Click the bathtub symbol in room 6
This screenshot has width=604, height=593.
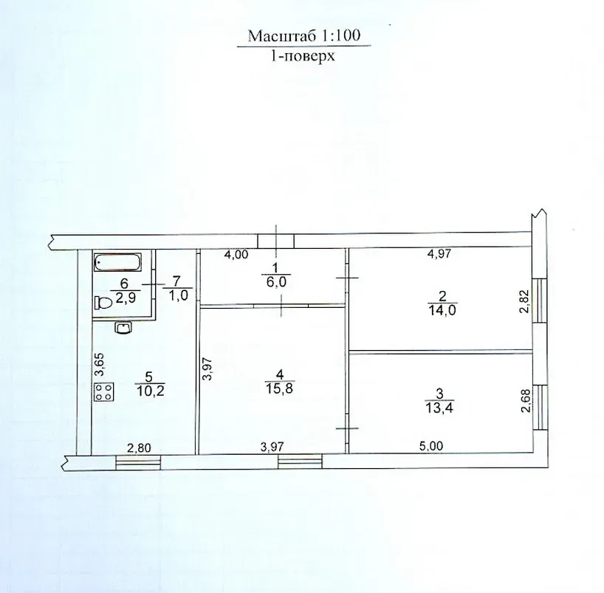tap(118, 262)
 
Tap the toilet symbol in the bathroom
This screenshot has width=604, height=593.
tap(103, 303)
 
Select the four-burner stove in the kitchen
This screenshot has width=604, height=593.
tap(104, 392)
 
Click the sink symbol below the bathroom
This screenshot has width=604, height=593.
tap(123, 329)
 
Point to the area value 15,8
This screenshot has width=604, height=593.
tap(279, 388)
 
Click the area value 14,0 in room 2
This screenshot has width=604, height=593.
tap(442, 310)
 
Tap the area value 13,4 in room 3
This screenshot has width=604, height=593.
tap(439, 408)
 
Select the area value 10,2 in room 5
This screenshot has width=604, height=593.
tap(150, 391)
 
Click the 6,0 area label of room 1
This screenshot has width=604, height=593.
tap(276, 282)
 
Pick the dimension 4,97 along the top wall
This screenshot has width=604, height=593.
tap(439, 253)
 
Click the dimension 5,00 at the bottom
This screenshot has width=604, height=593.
tap(431, 446)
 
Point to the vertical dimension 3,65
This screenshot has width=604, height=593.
tap(100, 365)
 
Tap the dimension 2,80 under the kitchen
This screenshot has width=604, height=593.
tap(139, 448)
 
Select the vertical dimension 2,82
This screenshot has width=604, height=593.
tap(525, 301)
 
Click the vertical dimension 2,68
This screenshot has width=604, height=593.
tap(526, 401)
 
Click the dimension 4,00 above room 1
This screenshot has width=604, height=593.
tap(236, 255)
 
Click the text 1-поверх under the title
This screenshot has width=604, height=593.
tap(303, 56)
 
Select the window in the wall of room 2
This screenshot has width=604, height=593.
tap(539, 300)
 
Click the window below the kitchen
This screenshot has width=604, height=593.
tap(138, 462)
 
